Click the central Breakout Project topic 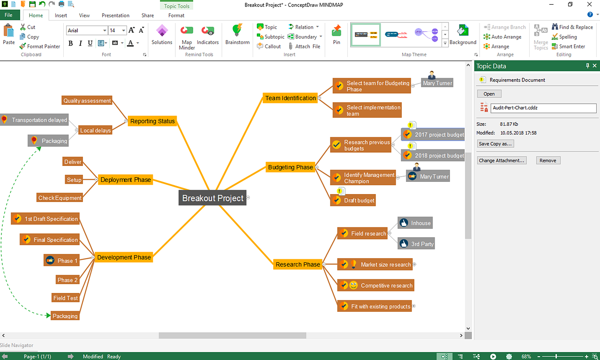click(212, 198)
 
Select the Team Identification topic click(290, 98)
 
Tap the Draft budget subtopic click(353, 200)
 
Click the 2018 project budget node click(433, 155)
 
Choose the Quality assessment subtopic click(87, 100)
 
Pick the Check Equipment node click(60, 198)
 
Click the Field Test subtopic click(65, 298)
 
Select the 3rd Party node click(416, 244)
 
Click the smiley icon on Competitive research click(353, 285)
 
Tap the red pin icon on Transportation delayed click(4, 119)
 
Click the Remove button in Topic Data click(548, 160)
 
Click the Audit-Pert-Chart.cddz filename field click(543, 108)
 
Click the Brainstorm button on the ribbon click(237, 35)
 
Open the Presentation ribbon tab click(115, 15)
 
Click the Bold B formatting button click(70, 43)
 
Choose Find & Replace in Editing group click(572, 27)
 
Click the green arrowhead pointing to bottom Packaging click(48, 315)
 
